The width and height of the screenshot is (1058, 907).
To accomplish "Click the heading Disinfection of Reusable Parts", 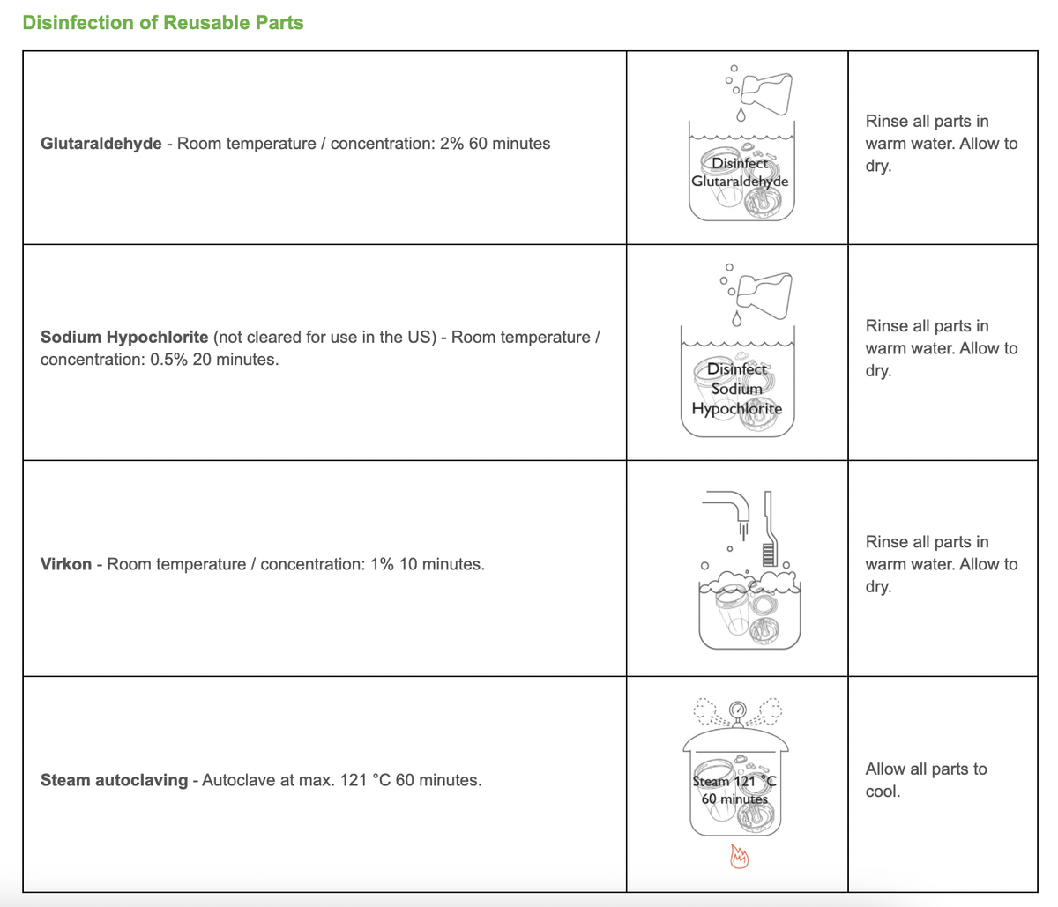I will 163,23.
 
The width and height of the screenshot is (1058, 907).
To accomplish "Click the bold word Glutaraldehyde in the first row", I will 101,144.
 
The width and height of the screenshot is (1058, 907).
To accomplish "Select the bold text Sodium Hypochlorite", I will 124,338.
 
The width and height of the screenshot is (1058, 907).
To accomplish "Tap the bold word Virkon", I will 66,564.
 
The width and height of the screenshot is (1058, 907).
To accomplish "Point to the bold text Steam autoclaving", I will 114,780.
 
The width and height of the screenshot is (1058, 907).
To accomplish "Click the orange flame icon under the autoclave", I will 739,855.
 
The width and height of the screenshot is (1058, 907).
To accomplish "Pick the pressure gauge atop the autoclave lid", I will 738,710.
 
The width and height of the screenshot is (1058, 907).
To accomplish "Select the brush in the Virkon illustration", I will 768,529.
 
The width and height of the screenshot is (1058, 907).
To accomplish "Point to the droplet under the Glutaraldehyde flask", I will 741,115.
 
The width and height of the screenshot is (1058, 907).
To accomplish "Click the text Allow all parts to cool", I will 926,780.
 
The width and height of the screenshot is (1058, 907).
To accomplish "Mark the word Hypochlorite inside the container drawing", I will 736,409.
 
